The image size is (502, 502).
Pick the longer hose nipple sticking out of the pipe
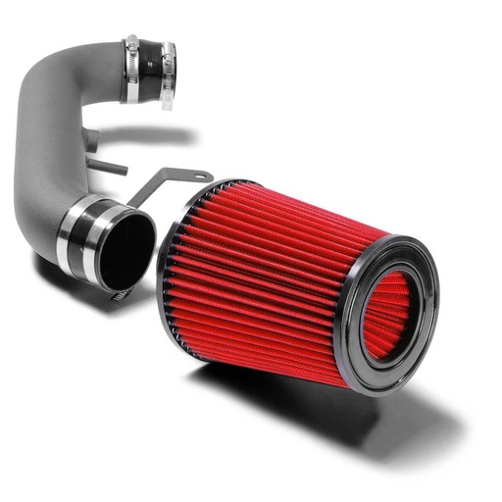pyautogui.click(x=108, y=165)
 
